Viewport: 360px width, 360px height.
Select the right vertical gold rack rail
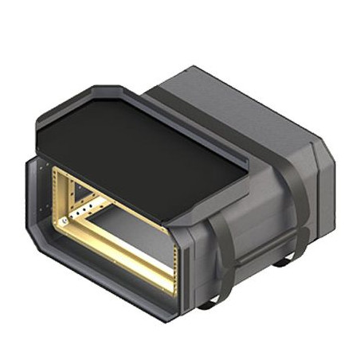(x=174, y=255)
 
